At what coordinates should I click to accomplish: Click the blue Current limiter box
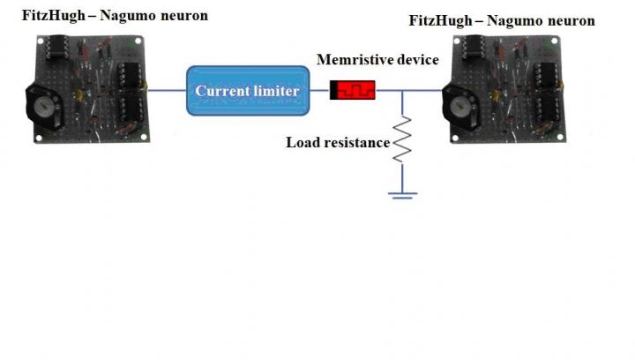[x=248, y=90]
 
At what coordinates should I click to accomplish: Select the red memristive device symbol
[x=353, y=90]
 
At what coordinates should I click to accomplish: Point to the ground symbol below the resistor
[x=402, y=194]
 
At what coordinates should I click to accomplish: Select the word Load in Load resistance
[x=301, y=142]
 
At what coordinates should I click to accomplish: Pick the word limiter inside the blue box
[x=277, y=91]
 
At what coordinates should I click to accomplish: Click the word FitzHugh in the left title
[x=50, y=15]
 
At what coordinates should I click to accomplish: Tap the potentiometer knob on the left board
[x=41, y=108]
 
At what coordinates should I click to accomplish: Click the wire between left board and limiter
[x=168, y=89]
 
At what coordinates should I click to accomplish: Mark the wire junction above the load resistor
[x=402, y=90]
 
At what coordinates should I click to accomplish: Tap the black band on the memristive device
[x=334, y=90]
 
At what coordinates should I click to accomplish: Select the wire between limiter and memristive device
[x=320, y=90]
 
